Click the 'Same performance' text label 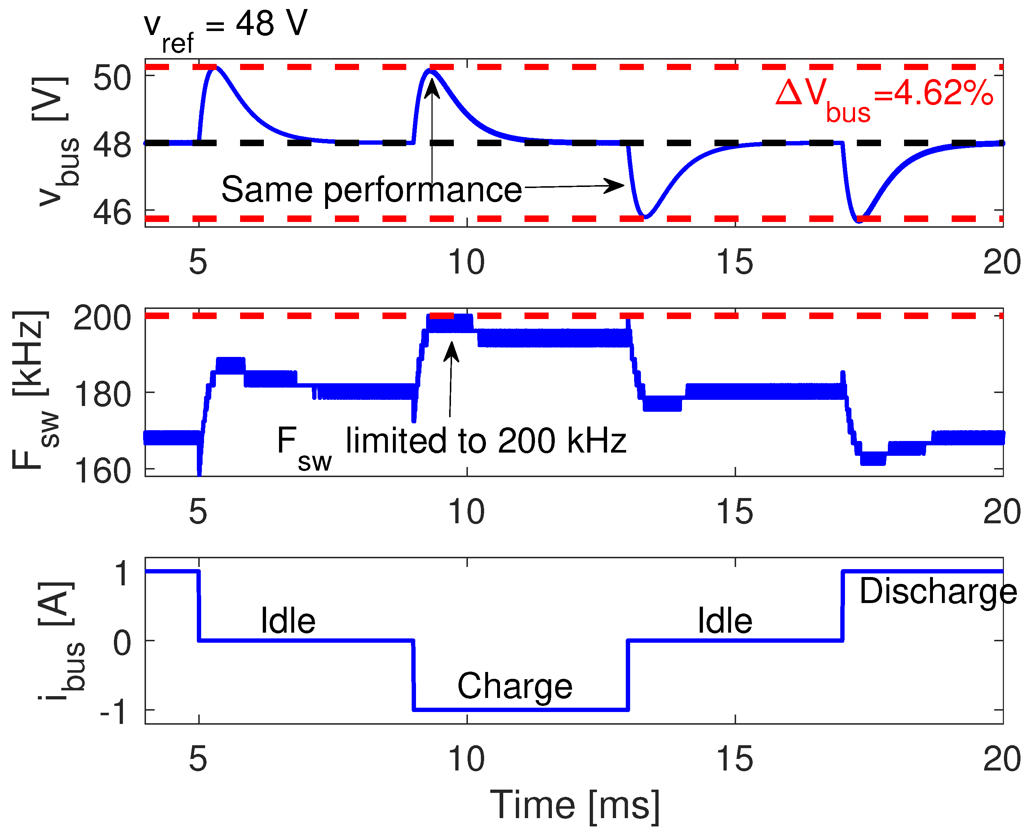[x=371, y=189]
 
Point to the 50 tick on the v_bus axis [x=111, y=78]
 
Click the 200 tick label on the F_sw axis [x=102, y=318]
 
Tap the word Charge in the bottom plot [x=514, y=686]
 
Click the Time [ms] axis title [x=575, y=805]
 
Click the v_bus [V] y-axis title [x=53, y=142]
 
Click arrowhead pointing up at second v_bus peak [x=432, y=87]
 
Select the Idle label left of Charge [x=288, y=621]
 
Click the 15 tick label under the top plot [x=734, y=262]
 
